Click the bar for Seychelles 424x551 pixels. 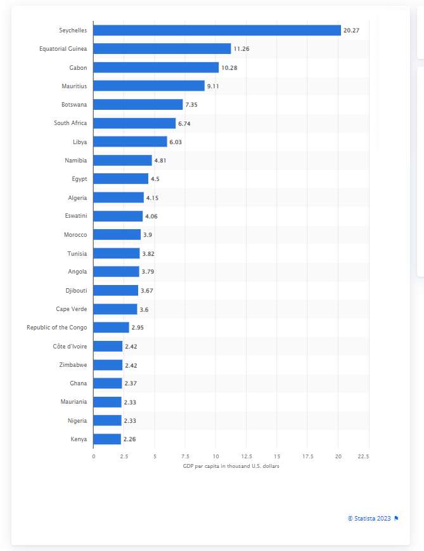[217, 30]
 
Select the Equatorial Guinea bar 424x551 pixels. [162, 49]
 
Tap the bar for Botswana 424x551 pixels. [138, 105]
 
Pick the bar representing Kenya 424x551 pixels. [107, 439]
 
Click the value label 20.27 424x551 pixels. [351, 30]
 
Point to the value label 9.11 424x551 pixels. [213, 86]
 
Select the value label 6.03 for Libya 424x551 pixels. [176, 142]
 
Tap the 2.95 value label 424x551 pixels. [138, 328]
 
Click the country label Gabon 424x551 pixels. [79, 67]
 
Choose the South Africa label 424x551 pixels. [70, 123]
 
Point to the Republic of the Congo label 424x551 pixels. [57, 328]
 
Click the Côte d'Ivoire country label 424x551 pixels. [70, 347]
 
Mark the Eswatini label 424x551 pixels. [76, 216]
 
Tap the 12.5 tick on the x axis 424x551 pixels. [247, 456]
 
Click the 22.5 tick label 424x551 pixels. [363, 456]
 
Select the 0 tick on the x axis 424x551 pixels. [94, 456]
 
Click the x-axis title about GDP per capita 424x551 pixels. [231, 467]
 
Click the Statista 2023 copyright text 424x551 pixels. [369, 518]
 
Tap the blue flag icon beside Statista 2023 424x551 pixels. [396, 518]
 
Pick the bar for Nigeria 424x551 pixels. [108, 420]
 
